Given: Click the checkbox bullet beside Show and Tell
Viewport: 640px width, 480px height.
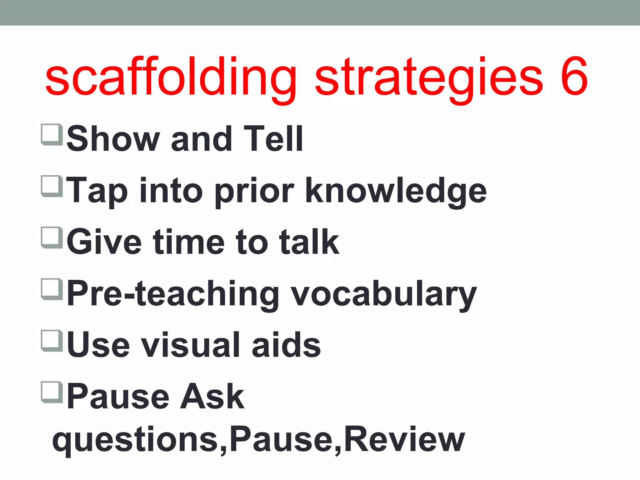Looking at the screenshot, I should pyautogui.click(x=51, y=134).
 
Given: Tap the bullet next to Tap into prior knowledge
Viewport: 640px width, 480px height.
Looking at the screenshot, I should pyautogui.click(x=51, y=186).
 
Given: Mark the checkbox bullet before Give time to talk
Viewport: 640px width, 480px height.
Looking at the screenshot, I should pyautogui.click(x=51, y=237).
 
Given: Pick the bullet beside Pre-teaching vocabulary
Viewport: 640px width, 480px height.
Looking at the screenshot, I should pyautogui.click(x=51, y=289).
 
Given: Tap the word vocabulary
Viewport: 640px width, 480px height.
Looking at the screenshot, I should pyautogui.click(x=384, y=294).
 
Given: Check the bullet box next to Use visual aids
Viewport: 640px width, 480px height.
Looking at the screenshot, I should pyautogui.click(x=51, y=341).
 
